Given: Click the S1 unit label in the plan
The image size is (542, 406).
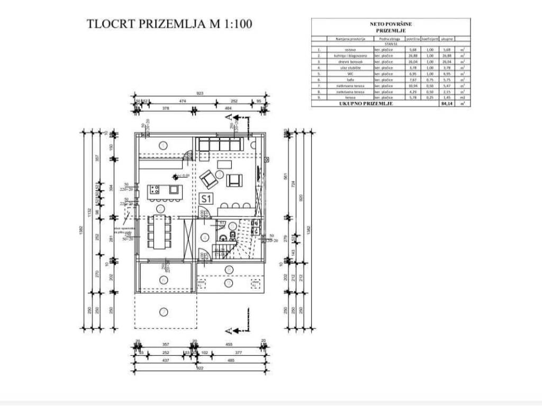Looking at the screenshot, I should (206, 199).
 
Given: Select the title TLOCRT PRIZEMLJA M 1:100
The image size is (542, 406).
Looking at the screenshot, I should (169, 24).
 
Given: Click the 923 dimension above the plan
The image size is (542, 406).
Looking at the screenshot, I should (200, 94).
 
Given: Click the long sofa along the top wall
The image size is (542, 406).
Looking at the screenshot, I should (219, 144).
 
